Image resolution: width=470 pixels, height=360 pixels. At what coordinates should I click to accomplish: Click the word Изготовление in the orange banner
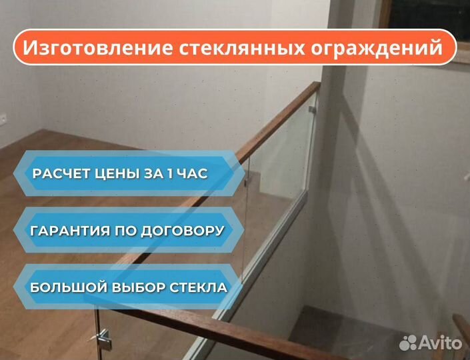coord(98,47)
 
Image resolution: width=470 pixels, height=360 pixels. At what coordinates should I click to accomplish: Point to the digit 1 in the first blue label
coord(170,174)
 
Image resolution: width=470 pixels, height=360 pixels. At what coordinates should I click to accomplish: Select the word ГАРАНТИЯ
coord(70,231)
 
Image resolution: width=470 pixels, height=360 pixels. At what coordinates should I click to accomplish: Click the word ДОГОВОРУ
coord(183,231)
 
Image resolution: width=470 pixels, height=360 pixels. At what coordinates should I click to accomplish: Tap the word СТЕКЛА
coord(199,288)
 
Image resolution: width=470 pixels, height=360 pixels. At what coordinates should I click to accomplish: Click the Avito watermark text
coord(440,342)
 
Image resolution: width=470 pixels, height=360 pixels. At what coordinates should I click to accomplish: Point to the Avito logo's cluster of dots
coord(408,342)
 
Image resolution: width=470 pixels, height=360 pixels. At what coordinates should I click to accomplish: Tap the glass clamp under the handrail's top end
coord(313,109)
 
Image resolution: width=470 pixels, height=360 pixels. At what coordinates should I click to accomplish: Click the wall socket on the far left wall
coord(3,119)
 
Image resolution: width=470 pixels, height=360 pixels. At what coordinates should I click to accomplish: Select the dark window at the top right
coord(426,13)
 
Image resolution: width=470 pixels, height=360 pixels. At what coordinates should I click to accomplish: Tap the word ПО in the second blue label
coord(125,231)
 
